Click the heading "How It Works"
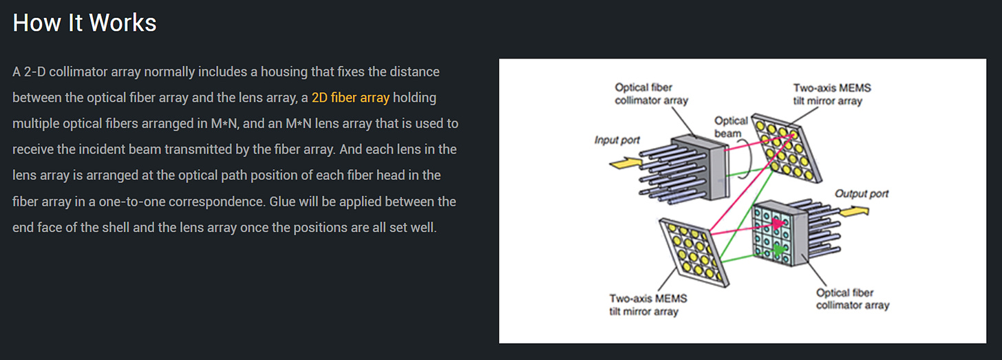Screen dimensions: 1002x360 click(x=85, y=23)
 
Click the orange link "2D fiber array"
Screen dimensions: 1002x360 click(x=350, y=98)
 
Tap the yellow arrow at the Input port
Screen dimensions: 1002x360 click(x=625, y=163)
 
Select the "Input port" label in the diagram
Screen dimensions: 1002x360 click(x=617, y=140)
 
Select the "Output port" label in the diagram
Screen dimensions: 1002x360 click(x=862, y=193)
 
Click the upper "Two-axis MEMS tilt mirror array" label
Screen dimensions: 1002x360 click(x=831, y=94)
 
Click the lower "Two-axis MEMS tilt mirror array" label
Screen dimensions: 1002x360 click(x=648, y=305)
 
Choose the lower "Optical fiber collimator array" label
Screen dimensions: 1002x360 click(x=853, y=299)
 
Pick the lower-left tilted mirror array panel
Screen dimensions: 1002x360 click(x=692, y=252)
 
